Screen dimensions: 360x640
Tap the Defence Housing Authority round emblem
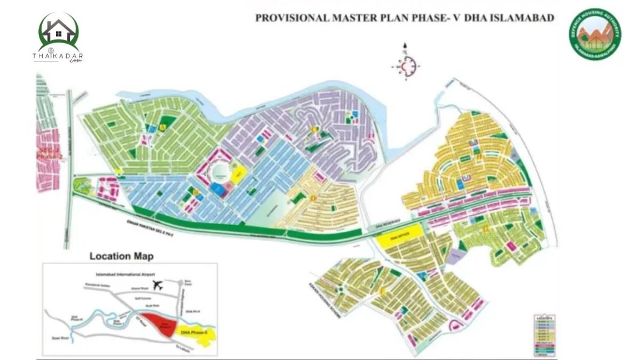click(x=594, y=34)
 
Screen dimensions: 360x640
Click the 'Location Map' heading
click(x=122, y=257)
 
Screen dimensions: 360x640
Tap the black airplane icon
click(x=157, y=285)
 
